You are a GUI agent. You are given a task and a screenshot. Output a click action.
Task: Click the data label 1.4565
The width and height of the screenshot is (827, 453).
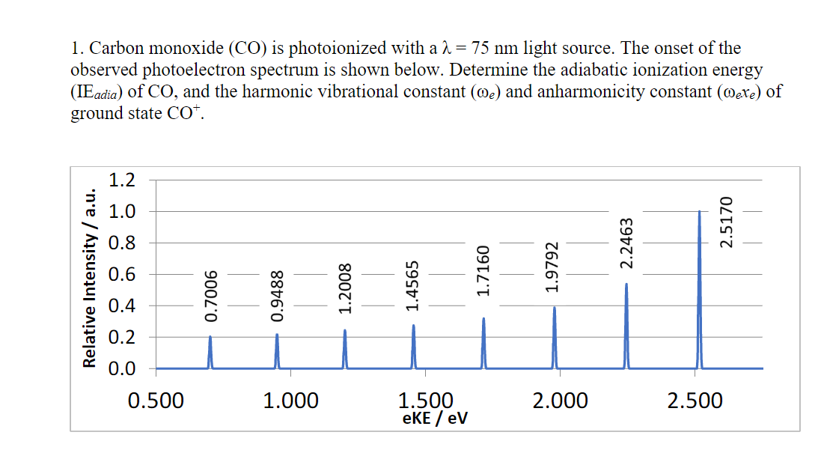tap(413, 285)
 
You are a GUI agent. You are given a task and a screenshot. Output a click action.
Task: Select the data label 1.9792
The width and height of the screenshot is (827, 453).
tap(553, 266)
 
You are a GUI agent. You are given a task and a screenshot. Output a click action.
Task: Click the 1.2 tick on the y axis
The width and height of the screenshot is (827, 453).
tap(121, 180)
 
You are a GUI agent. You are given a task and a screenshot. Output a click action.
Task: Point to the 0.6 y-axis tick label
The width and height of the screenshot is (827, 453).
tap(121, 274)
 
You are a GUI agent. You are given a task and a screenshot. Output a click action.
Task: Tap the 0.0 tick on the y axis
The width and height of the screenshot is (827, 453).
tap(121, 368)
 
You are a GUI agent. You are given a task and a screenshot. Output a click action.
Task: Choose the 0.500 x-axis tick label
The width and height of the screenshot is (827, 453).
tap(156, 401)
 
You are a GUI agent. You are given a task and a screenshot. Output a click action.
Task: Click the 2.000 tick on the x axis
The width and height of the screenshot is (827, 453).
tap(560, 401)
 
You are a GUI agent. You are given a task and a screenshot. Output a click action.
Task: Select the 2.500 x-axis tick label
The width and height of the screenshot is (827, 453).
tap(695, 401)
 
